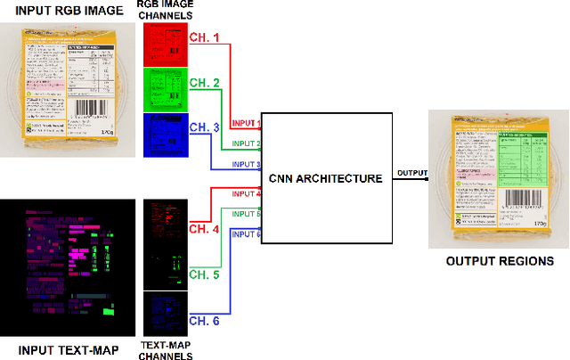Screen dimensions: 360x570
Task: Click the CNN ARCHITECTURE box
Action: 328,178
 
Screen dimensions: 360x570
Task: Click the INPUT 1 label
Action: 246,123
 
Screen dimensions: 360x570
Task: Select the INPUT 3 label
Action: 246,165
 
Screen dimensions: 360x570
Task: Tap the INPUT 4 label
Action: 246,193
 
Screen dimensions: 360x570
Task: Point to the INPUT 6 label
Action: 246,233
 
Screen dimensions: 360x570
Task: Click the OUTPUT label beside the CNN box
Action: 411,173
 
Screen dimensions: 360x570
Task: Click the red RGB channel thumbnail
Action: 164,43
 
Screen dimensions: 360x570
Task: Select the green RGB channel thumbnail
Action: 164,89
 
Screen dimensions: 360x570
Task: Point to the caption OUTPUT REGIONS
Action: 501,261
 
